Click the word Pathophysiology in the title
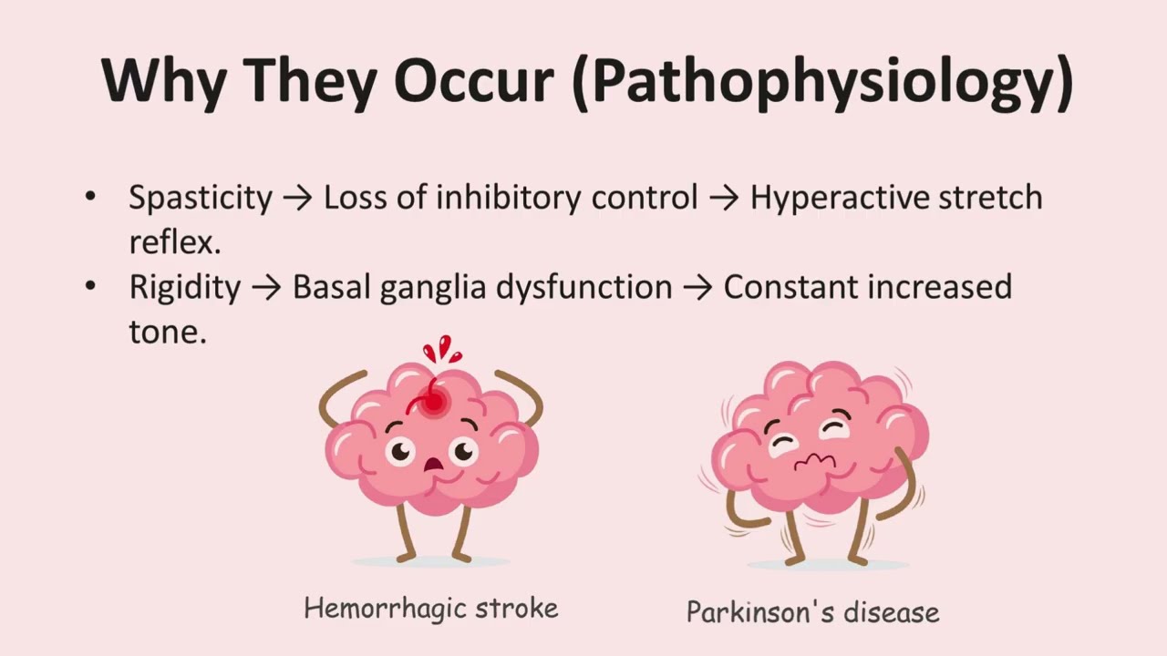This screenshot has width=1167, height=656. (825, 82)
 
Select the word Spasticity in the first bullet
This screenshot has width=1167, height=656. (201, 198)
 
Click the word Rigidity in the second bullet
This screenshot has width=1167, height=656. (185, 287)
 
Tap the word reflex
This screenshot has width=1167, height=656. (173, 241)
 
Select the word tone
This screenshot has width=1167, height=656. (167, 331)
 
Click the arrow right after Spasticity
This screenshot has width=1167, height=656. (297, 198)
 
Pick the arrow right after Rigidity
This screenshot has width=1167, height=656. (266, 287)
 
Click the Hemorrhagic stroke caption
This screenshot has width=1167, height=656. (430, 608)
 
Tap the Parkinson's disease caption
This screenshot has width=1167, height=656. (812, 611)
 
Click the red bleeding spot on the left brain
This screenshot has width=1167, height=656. (434, 401)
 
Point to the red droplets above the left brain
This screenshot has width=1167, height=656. (441, 349)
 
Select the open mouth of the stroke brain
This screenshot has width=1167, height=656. (433, 465)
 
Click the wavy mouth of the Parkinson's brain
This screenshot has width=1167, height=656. (813, 463)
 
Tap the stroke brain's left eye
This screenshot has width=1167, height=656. (400, 449)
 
